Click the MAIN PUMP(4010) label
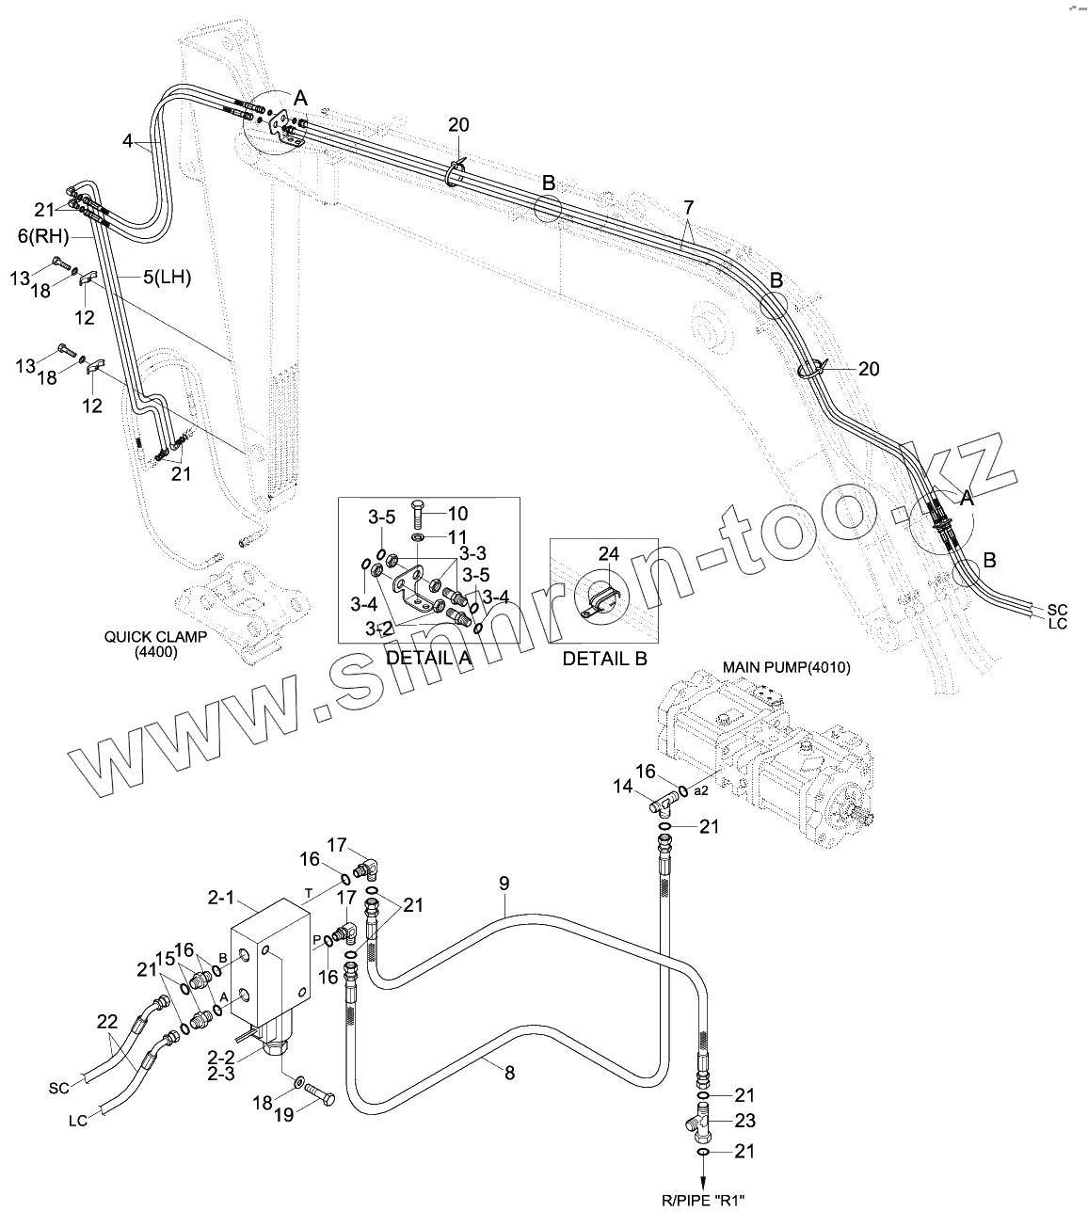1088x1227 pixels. pos(786,667)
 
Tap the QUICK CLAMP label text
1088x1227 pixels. pos(156,637)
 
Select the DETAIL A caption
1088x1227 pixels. pos(428,658)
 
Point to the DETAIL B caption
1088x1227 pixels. pos(604,658)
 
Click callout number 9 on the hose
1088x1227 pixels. pos(504,883)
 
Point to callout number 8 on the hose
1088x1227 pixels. pos(509,1071)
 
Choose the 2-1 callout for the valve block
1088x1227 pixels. pos(220,898)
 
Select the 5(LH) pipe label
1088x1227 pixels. pos(167,277)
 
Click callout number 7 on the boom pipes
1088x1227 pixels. pos(688,206)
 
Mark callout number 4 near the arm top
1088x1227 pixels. pos(127,142)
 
